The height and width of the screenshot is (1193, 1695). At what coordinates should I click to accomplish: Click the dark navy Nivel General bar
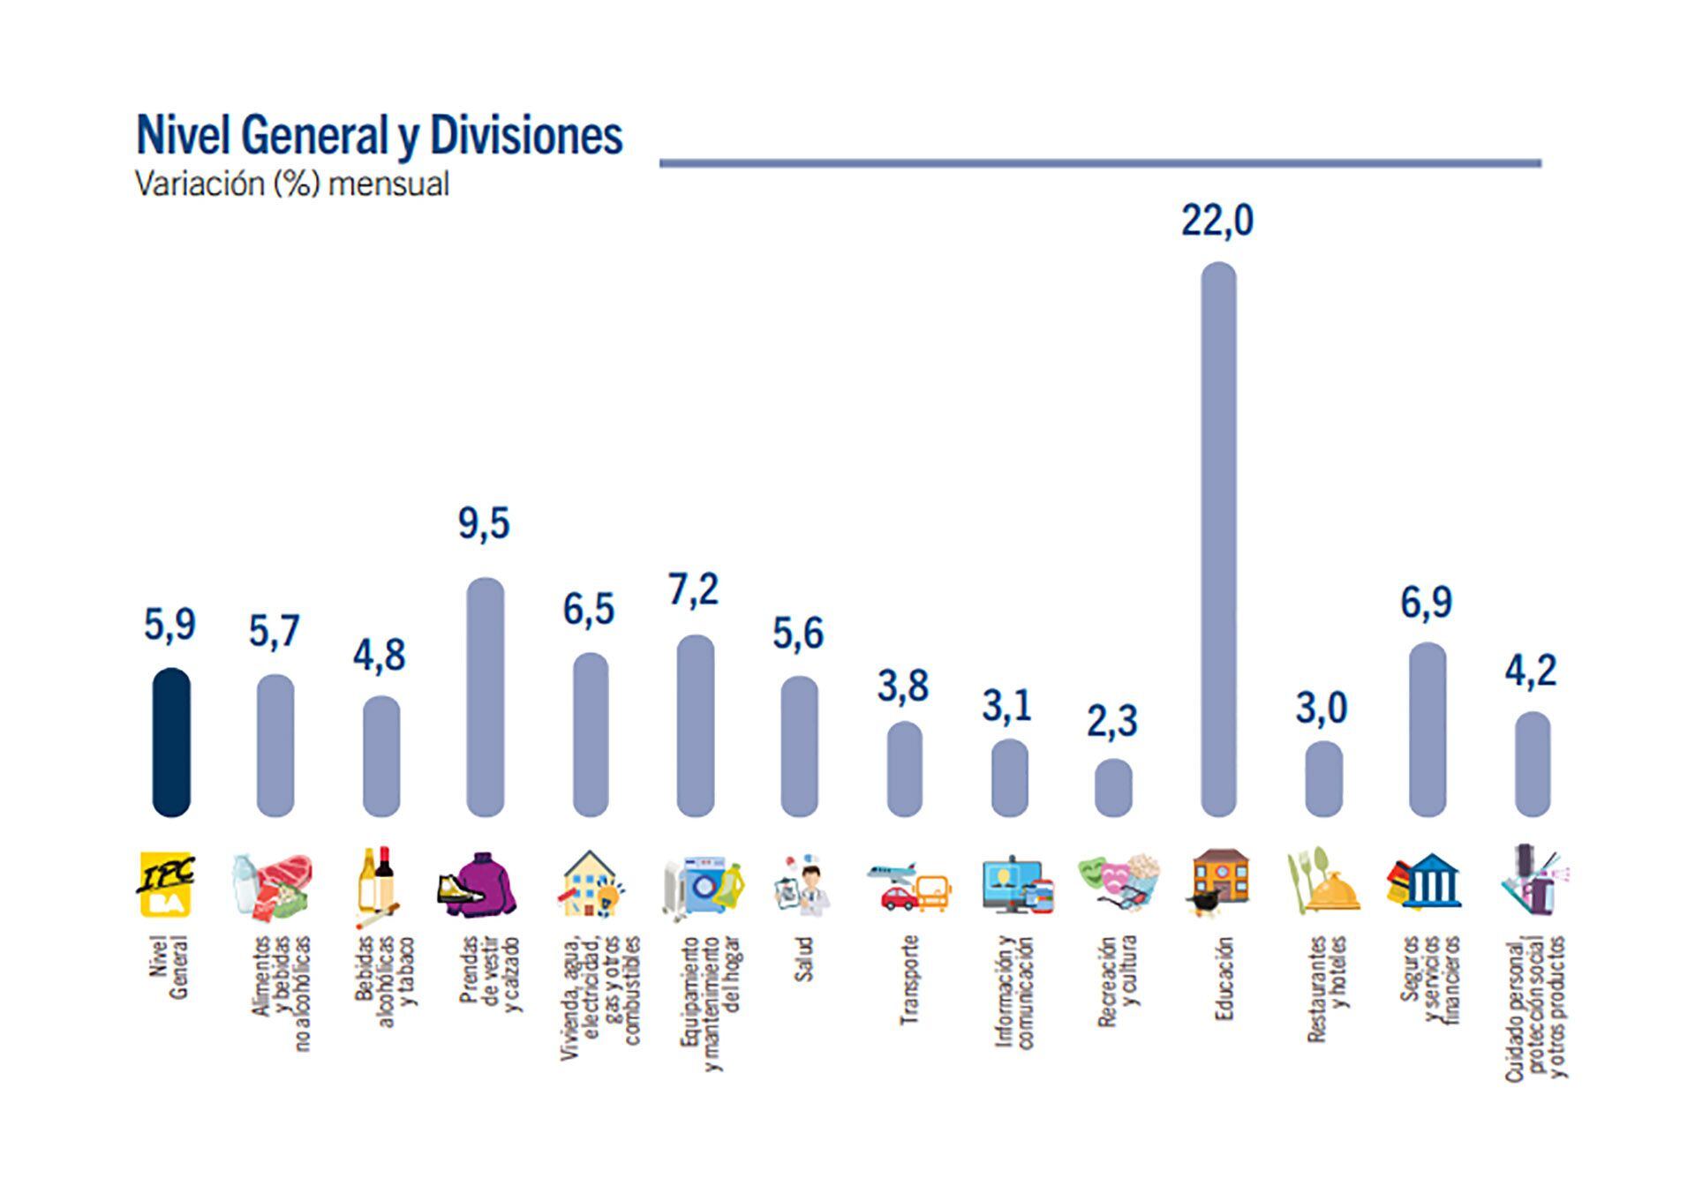(171, 742)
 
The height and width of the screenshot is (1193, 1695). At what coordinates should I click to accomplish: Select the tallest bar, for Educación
(1218, 539)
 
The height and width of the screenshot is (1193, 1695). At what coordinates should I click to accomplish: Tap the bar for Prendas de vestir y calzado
(485, 697)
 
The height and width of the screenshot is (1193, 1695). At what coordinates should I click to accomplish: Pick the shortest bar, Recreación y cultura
(1113, 788)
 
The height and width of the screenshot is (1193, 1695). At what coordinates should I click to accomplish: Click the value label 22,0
(1217, 221)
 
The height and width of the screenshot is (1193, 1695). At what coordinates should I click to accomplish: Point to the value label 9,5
(484, 524)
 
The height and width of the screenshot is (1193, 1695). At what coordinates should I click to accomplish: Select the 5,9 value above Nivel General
(169, 626)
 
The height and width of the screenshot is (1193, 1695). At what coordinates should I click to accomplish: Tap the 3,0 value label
(1322, 709)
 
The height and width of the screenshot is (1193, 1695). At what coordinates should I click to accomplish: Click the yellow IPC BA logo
(167, 884)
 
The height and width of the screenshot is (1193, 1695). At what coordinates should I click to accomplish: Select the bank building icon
(1424, 882)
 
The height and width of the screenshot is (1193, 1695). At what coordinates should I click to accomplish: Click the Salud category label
(802, 959)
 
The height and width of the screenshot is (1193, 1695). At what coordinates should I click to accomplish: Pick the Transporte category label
(909, 979)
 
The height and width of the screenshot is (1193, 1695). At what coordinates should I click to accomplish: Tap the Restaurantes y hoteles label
(1328, 988)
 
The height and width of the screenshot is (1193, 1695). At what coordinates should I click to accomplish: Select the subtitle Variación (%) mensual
(292, 184)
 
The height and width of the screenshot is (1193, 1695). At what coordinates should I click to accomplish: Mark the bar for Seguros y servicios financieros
(1428, 729)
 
